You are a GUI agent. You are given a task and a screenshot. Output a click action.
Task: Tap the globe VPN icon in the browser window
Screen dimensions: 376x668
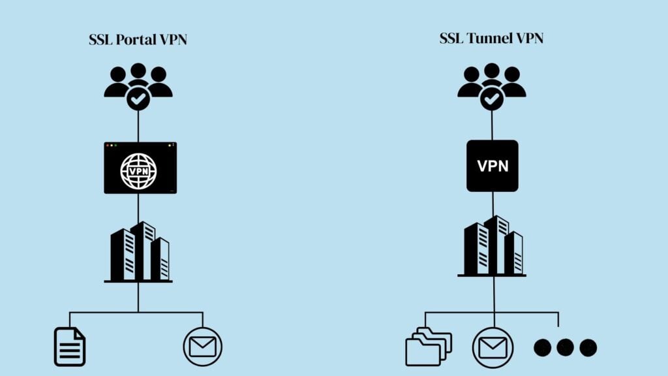(138, 171)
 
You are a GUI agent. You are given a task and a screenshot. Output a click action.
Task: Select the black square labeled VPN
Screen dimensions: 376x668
(493, 166)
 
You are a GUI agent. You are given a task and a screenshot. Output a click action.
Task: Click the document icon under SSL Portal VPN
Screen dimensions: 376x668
(69, 347)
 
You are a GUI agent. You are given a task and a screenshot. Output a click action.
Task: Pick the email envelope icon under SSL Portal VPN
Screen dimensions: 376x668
(203, 347)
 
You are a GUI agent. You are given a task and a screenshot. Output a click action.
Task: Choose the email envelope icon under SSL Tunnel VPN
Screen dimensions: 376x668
(494, 347)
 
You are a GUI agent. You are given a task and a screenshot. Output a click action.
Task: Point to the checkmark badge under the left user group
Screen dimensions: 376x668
(138, 99)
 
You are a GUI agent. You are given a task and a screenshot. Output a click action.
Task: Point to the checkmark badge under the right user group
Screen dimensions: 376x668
(492, 99)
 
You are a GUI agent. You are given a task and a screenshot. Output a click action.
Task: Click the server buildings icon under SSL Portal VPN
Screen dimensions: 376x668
(139, 252)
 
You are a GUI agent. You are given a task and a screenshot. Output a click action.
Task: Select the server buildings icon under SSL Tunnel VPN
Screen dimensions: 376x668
(493, 246)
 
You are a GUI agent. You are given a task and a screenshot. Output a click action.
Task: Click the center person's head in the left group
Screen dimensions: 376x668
(138, 70)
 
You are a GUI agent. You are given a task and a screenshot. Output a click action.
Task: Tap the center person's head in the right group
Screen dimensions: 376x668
(492, 70)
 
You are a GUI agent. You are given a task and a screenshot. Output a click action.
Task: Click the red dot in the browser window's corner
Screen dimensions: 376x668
(108, 145)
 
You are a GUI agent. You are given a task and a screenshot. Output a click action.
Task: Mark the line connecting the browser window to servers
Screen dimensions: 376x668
(138, 208)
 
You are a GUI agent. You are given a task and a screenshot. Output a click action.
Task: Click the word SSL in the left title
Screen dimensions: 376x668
(100, 40)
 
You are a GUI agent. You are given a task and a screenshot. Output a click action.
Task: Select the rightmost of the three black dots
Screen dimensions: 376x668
(588, 347)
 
